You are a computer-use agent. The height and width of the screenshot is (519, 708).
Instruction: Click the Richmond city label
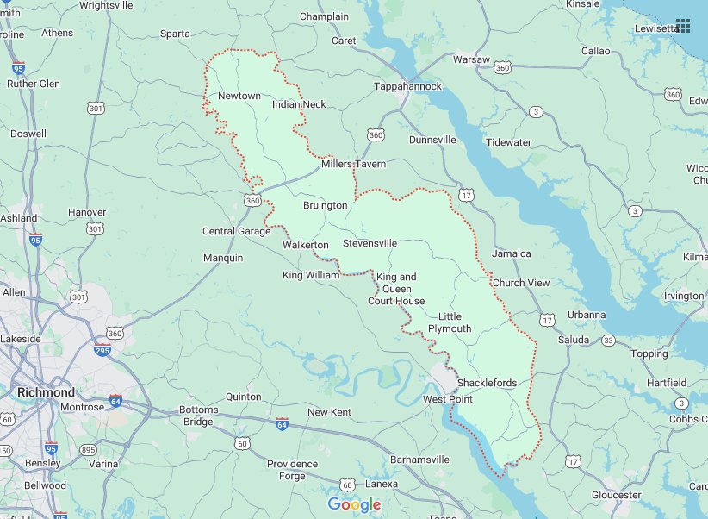coord(46,392)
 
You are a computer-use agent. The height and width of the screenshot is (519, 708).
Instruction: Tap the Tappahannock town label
coord(407,87)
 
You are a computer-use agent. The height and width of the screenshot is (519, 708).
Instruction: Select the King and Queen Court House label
coord(396,289)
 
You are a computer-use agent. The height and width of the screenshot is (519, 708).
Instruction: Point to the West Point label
coord(448,399)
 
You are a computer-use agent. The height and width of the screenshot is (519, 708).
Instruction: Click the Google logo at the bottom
coord(353,504)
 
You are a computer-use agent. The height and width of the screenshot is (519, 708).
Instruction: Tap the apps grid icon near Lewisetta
coord(684,26)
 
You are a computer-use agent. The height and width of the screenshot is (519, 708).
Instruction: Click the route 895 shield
coord(87,450)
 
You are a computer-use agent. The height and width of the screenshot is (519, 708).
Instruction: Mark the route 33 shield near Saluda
coord(608,341)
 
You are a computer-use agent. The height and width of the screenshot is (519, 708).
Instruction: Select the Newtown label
coord(239,96)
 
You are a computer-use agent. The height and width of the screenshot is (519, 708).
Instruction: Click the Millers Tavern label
coord(353,164)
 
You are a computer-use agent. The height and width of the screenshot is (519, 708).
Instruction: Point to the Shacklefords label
coord(487,383)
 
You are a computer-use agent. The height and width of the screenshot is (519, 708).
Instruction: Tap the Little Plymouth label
coord(455,322)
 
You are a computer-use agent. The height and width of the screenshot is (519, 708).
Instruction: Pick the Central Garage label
coord(236,231)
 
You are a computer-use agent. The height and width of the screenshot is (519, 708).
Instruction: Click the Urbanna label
coord(587,315)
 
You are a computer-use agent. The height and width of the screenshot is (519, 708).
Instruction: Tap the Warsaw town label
coord(471,59)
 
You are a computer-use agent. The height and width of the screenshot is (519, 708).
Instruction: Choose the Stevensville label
coord(370,243)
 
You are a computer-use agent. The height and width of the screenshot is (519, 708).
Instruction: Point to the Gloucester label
coord(616,495)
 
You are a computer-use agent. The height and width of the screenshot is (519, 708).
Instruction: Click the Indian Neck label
coord(299,104)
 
